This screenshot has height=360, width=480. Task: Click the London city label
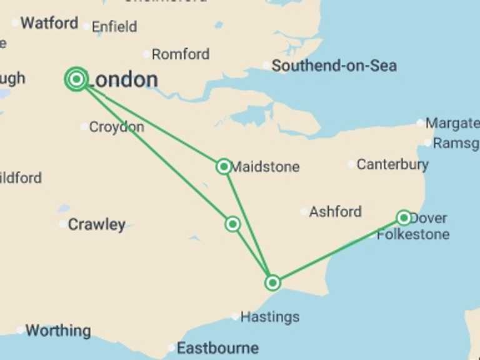click(x=123, y=79)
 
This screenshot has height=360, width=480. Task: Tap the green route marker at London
click(x=76, y=79)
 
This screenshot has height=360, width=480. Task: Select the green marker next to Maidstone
click(x=224, y=166)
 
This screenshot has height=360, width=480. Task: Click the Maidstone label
click(x=265, y=167)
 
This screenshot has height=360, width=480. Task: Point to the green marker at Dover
click(x=404, y=217)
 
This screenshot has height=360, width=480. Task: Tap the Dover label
click(x=429, y=218)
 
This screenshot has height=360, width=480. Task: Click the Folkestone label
click(x=413, y=235)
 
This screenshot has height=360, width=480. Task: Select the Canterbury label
click(x=392, y=165)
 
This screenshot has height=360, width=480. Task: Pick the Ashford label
click(x=335, y=212)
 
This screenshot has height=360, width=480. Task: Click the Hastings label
click(x=270, y=317)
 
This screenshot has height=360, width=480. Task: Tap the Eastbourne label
click(x=217, y=348)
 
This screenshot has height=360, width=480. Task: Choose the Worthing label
click(x=57, y=330)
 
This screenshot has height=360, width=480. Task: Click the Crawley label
click(x=96, y=224)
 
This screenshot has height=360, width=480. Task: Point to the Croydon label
click(x=116, y=127)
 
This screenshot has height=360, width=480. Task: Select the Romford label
click(x=181, y=54)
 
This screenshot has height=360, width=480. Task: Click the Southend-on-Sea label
click(x=334, y=66)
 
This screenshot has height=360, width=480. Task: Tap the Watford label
click(x=49, y=24)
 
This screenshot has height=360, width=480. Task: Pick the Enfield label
click(x=114, y=27)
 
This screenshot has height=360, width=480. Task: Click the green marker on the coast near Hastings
click(x=272, y=282)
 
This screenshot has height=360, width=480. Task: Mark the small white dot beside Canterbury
click(x=352, y=165)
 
